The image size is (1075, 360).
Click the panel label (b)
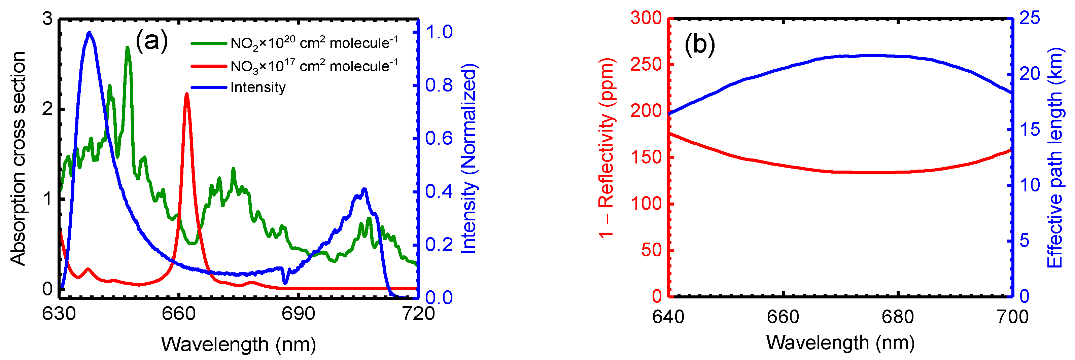699,44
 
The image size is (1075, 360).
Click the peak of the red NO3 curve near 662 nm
186,94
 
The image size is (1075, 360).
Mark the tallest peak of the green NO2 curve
128,48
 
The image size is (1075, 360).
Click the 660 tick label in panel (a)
179,314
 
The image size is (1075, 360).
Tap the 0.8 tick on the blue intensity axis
439,85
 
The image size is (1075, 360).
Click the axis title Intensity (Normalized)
469,158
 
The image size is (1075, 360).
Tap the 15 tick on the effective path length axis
1030,130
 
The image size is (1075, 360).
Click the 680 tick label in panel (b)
898,317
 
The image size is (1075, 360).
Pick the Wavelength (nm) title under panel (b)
840,343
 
